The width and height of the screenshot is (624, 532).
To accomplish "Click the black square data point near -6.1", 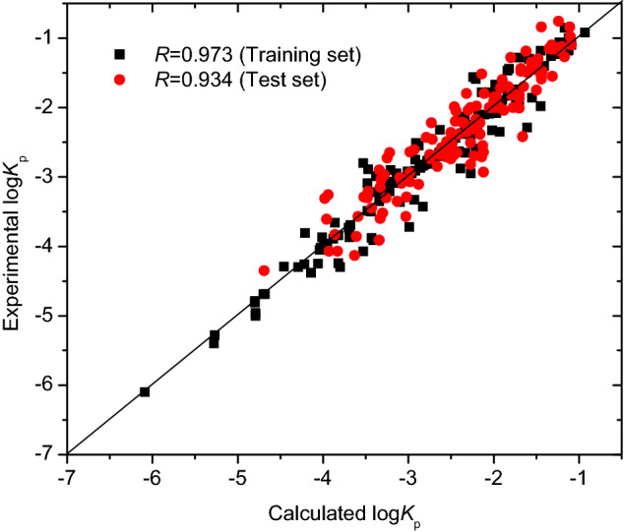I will [x=145, y=391].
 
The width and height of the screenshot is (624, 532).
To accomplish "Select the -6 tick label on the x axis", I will [x=153, y=474].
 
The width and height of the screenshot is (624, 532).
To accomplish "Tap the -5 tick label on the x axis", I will [x=237, y=474].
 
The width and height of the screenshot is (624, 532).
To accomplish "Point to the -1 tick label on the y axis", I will [x=48, y=37].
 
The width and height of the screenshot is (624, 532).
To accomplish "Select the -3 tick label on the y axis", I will [x=48, y=176].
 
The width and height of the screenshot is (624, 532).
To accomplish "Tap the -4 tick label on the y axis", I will [x=48, y=246].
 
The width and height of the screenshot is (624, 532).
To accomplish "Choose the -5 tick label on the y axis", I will [x=48, y=315].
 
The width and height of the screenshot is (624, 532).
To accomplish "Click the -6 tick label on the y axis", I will [x=48, y=384].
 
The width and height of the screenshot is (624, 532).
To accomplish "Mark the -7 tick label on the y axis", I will [x=48, y=453].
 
